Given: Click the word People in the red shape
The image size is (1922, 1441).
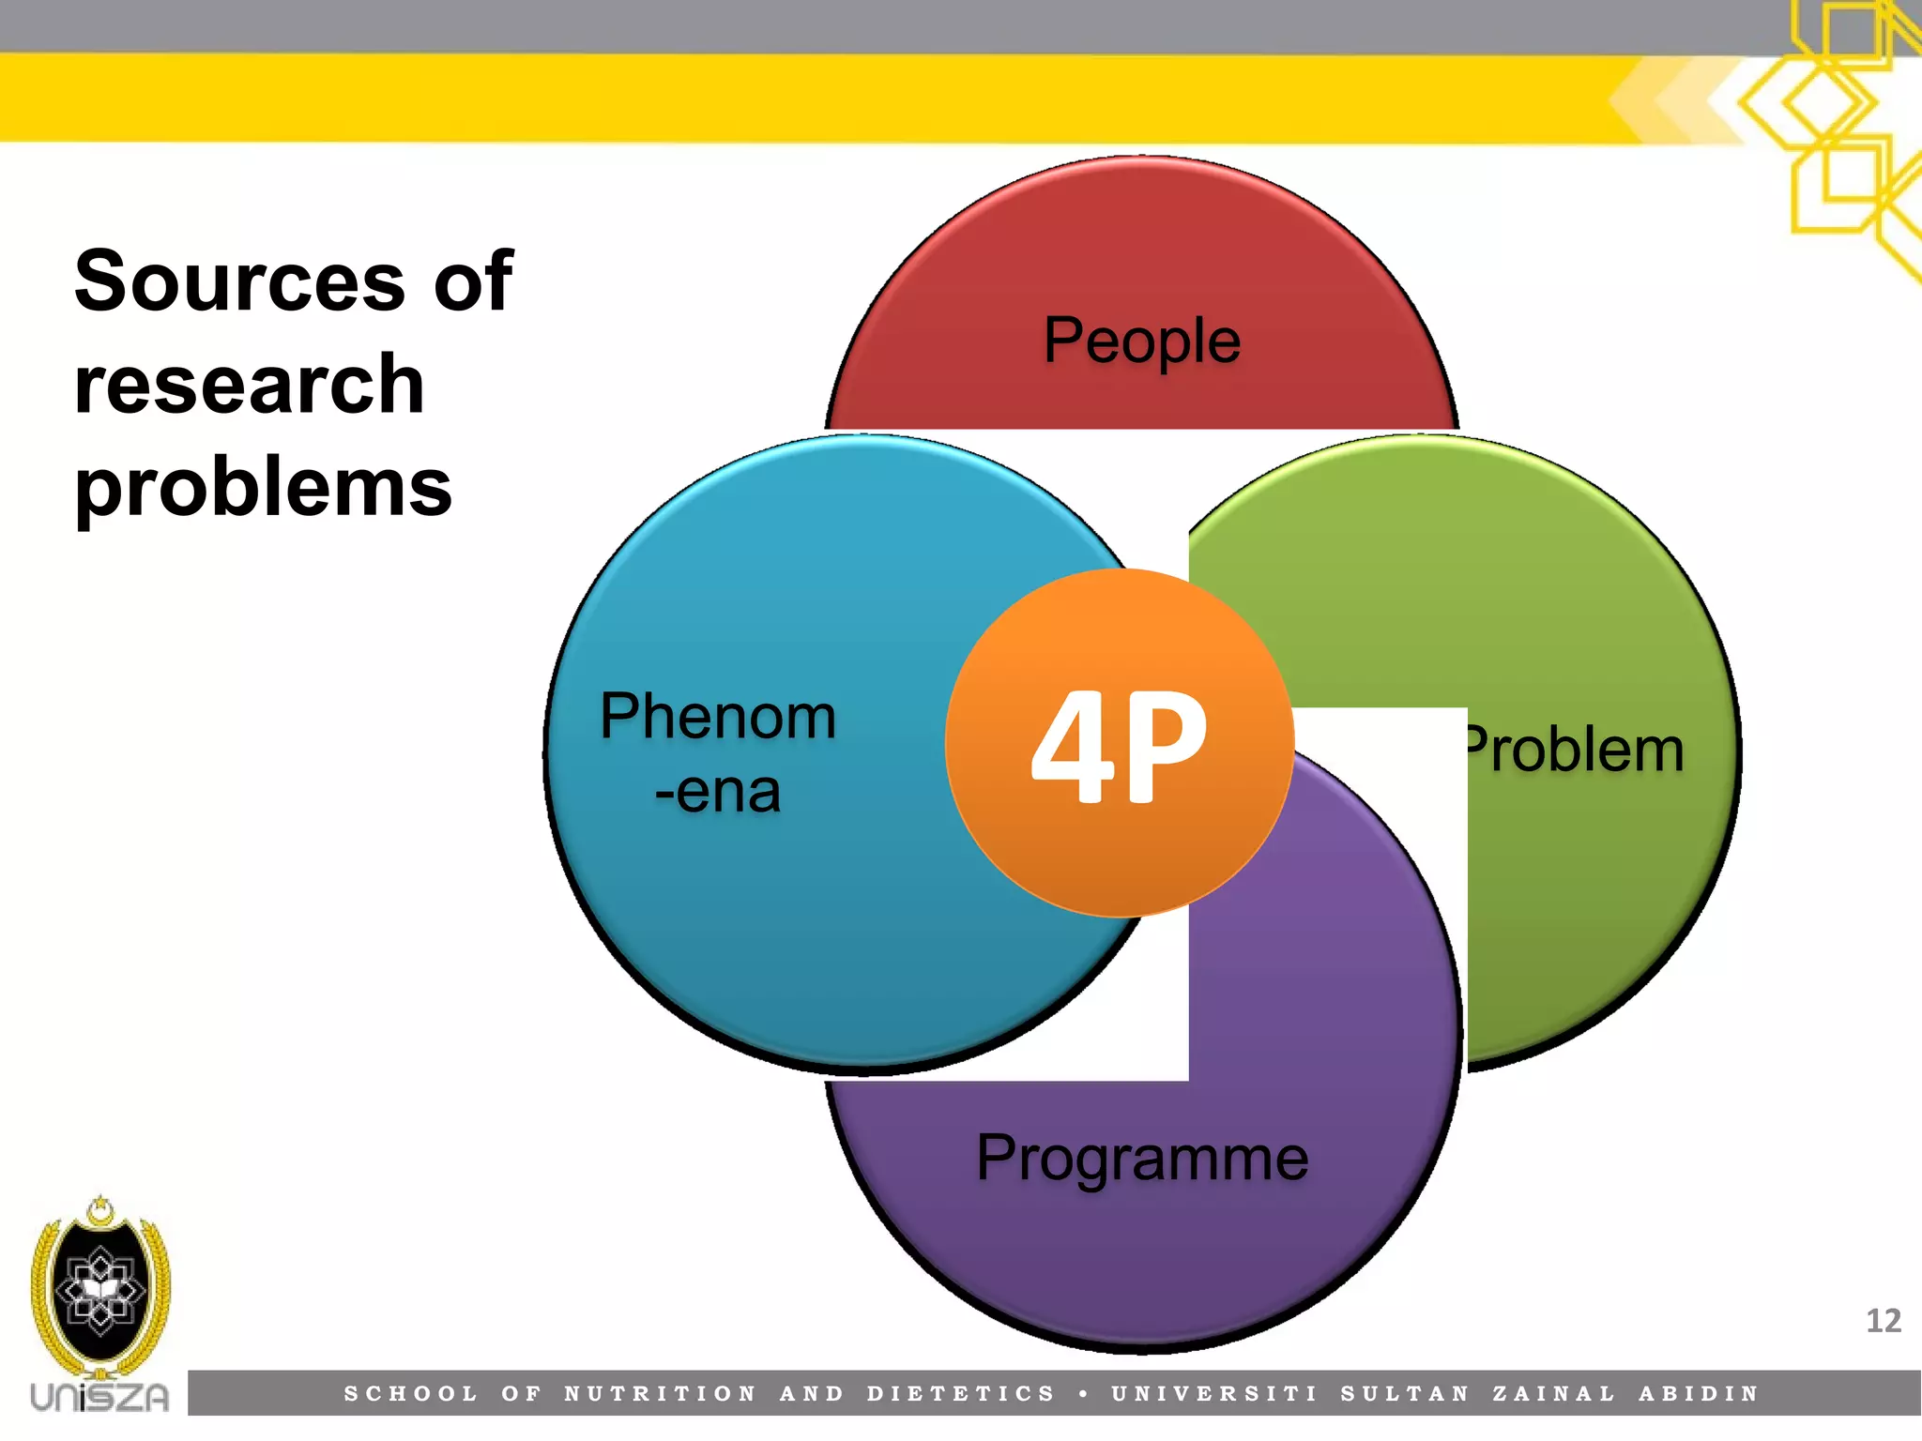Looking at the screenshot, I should coord(1141,341).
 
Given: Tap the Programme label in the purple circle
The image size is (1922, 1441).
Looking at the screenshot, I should coord(1141,1160).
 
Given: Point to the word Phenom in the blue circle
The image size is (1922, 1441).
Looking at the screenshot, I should coord(718,718).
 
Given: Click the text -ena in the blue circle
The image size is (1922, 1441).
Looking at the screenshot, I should coord(718,792).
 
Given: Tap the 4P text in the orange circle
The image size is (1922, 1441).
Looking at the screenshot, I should coord(1119,746).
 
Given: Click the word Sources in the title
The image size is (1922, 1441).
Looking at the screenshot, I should coord(239,281).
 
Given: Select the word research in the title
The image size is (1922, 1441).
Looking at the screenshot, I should coord(250,385).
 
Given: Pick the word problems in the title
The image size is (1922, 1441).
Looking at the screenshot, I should coord(263,488).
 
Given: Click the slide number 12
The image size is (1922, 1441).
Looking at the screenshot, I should coord(1883,1321).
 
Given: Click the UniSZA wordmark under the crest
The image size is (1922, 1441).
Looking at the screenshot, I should coord(99,1397).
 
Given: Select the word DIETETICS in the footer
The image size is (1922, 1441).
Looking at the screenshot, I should coord(961,1394).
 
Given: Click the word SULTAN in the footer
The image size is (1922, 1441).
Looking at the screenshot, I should coord(1404,1394).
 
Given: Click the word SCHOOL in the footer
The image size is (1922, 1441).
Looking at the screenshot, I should coord(411,1394).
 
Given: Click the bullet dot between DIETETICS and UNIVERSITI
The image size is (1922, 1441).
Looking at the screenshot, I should coord(1084,1394).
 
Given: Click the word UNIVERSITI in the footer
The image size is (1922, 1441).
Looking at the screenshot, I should coord(1214,1394).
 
